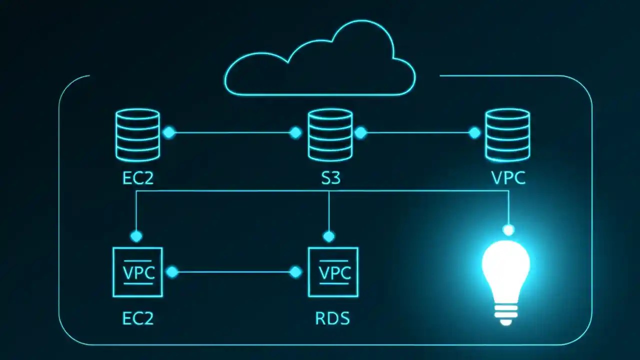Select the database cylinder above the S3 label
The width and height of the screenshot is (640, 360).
click(x=330, y=134)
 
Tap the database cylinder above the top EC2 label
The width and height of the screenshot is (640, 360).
click(x=137, y=134)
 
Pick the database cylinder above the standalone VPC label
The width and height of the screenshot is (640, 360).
click(x=507, y=135)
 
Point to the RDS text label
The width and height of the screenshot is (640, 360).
click(x=332, y=318)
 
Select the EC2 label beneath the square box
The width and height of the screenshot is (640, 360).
click(x=138, y=318)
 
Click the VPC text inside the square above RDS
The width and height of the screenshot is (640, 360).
click(x=334, y=273)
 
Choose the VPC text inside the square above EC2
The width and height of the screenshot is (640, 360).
click(x=138, y=273)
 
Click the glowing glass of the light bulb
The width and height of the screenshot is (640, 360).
click(x=505, y=265)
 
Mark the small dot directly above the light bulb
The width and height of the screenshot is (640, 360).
click(x=508, y=230)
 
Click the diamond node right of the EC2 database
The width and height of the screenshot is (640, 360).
click(x=169, y=132)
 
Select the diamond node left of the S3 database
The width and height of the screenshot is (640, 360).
click(x=296, y=132)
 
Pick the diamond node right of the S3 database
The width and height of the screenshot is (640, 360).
click(x=360, y=132)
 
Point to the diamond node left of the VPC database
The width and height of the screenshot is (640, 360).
click(x=474, y=132)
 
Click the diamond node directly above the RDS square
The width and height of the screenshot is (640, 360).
click(x=328, y=236)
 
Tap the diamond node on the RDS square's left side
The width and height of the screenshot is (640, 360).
click(x=296, y=272)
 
